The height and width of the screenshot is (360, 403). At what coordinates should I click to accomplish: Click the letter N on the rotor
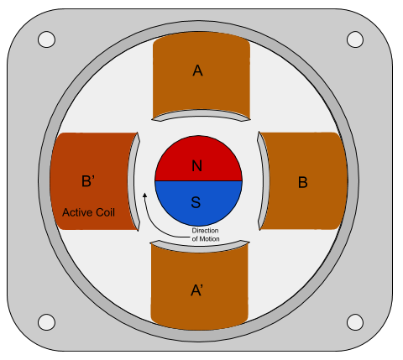tap(197, 165)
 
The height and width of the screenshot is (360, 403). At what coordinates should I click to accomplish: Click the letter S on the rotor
tap(196, 202)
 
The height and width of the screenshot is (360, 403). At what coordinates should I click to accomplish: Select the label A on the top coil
tap(197, 70)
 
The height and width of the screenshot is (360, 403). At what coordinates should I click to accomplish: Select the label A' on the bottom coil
tap(196, 290)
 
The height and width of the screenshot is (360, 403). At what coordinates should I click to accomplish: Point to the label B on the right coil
tap(303, 182)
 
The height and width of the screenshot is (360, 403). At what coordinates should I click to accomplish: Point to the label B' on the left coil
tap(88, 181)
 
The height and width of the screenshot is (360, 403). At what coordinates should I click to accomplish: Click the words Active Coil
tap(88, 212)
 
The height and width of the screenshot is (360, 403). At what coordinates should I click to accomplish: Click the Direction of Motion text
tap(206, 235)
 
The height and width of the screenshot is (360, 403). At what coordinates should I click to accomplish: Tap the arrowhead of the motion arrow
tap(145, 195)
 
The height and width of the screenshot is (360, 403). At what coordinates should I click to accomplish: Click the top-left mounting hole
tap(46, 39)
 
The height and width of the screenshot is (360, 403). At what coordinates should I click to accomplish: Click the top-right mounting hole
tap(355, 39)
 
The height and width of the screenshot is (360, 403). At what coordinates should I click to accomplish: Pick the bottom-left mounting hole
tap(46, 322)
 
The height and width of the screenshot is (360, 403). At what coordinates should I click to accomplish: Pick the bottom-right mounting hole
tap(355, 322)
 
